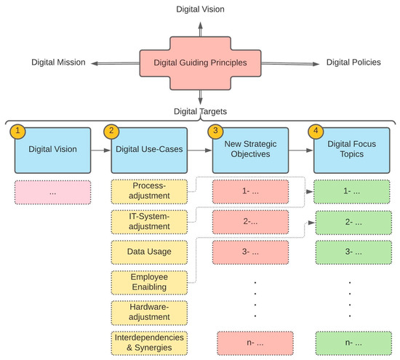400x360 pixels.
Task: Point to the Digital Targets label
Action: pyautogui.click(x=199, y=112)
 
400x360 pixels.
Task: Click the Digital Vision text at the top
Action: pyautogui.click(x=200, y=9)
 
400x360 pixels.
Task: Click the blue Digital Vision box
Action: pyautogui.click(x=52, y=150)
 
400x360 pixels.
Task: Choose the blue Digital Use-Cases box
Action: pyautogui.click(x=149, y=150)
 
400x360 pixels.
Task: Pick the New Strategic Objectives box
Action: pyautogui.click(x=251, y=150)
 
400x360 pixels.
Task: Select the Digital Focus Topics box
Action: pyautogui.click(x=351, y=150)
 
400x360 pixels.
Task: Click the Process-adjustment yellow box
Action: pyautogui.click(x=149, y=191)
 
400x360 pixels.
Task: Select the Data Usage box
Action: pyautogui.click(x=149, y=252)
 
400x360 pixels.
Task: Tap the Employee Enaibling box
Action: pyautogui.click(x=149, y=282)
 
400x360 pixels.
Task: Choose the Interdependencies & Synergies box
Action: pyautogui.click(x=149, y=342)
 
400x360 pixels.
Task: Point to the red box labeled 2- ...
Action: pyautogui.click(x=251, y=221)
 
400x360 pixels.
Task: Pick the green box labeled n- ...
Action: pyautogui.click(x=351, y=342)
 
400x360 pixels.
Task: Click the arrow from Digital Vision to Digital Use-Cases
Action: pyautogui.click(x=100, y=150)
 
